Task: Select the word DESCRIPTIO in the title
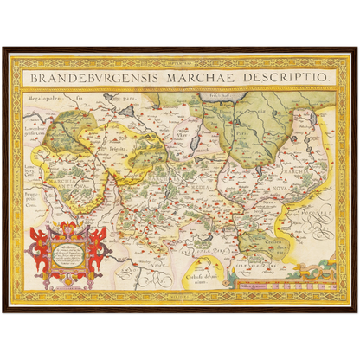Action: (286, 77)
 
